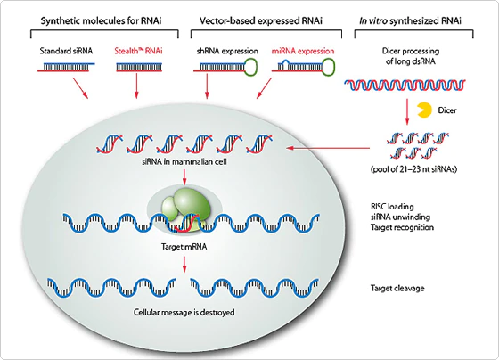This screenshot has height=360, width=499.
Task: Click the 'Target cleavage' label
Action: coord(396,289)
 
